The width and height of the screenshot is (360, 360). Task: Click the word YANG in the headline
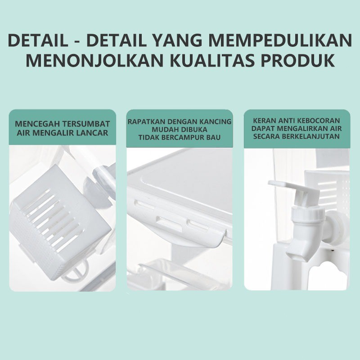(177, 40)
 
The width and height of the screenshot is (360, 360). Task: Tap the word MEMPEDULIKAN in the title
(280, 40)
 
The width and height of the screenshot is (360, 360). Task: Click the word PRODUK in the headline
(297, 60)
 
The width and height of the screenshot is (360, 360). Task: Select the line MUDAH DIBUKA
(180, 130)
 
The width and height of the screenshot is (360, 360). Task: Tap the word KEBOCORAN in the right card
(319, 121)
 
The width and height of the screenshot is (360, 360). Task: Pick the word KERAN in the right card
(264, 121)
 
